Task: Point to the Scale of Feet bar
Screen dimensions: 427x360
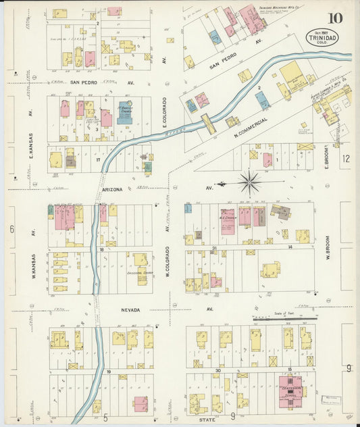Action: (283, 318)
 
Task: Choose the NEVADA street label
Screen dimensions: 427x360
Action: (131, 309)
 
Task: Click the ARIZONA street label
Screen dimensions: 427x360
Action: (113, 191)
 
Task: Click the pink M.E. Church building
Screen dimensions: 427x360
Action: (227, 221)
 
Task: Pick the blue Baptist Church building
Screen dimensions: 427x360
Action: (124, 112)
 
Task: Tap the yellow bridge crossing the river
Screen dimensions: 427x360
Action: (209, 124)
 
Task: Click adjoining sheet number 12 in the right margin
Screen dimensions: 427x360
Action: (346, 159)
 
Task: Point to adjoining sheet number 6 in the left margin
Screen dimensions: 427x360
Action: (11, 229)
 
